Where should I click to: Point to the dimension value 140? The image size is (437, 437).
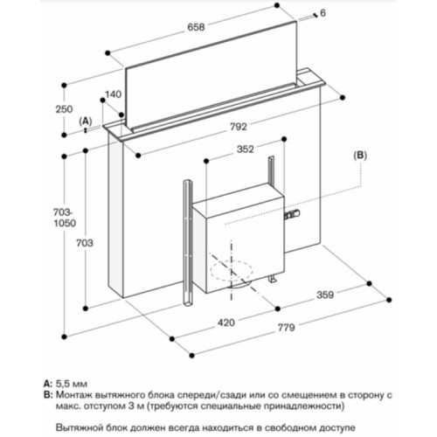114,94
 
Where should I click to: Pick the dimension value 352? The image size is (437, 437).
245,149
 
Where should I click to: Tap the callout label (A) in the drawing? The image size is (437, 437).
85,119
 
